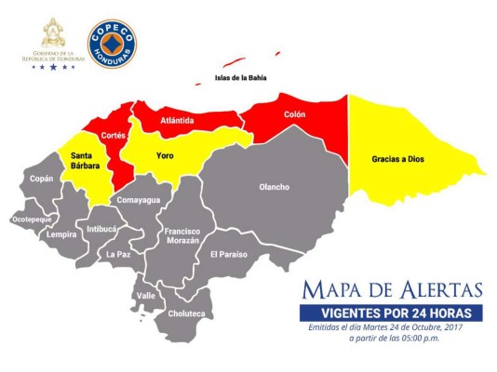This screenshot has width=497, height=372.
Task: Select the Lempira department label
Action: coord(62,234)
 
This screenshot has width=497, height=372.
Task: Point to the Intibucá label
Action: coord(102,228)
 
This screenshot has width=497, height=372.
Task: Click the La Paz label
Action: coord(117,253)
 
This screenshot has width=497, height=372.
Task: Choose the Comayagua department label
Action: coord(139,200)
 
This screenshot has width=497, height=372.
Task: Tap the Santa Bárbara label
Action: coord(79,160)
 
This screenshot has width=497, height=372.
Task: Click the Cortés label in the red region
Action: coord(114,135)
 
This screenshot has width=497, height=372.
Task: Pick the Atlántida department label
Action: coord(177,120)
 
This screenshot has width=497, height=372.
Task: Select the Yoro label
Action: coord(166,154)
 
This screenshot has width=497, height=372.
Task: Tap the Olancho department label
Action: coord(274,187)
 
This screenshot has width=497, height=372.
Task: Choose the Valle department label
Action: coord(146,295)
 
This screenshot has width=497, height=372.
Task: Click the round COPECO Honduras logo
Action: coord(112,45)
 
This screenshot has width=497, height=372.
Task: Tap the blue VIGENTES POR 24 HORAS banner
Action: coord(391,312)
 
